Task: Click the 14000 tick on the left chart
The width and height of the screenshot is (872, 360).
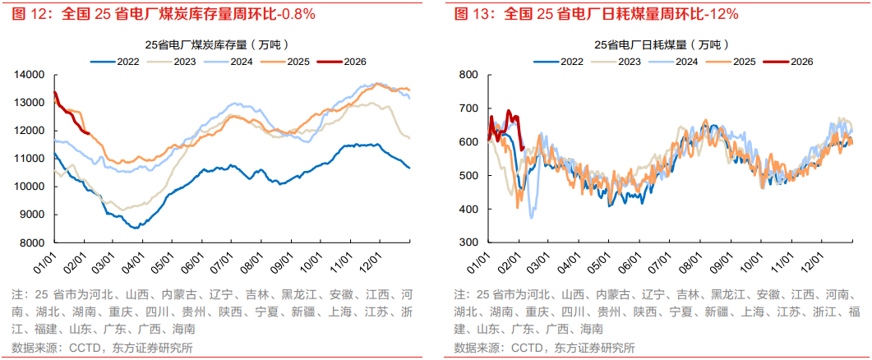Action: (x=30, y=75)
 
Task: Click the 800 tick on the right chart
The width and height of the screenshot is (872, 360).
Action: (x=468, y=75)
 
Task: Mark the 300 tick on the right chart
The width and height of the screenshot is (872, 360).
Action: (x=468, y=242)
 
